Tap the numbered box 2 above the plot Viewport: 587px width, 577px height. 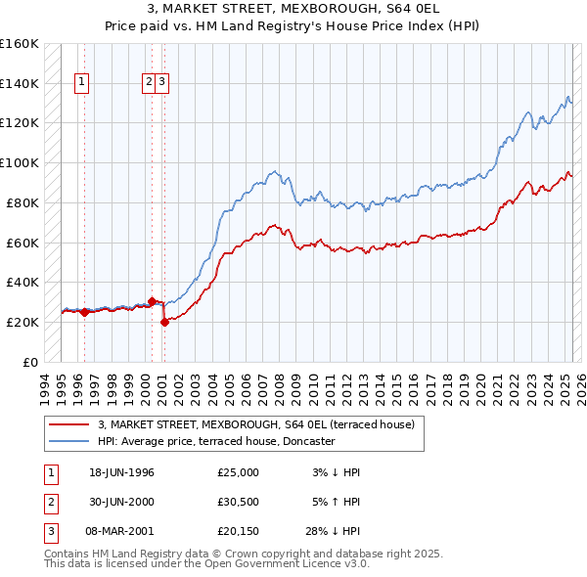point(150,83)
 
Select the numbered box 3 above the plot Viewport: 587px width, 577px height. point(161,83)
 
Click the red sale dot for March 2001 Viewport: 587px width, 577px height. point(164,322)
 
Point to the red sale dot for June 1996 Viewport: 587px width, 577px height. point(84,312)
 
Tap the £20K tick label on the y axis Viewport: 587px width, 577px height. point(23,322)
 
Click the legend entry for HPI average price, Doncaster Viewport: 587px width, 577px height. point(215,441)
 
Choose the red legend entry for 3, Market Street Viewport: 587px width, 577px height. point(256,424)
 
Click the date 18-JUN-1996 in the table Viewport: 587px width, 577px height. point(121,472)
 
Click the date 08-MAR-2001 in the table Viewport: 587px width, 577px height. point(121,531)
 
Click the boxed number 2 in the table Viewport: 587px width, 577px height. point(49,502)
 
